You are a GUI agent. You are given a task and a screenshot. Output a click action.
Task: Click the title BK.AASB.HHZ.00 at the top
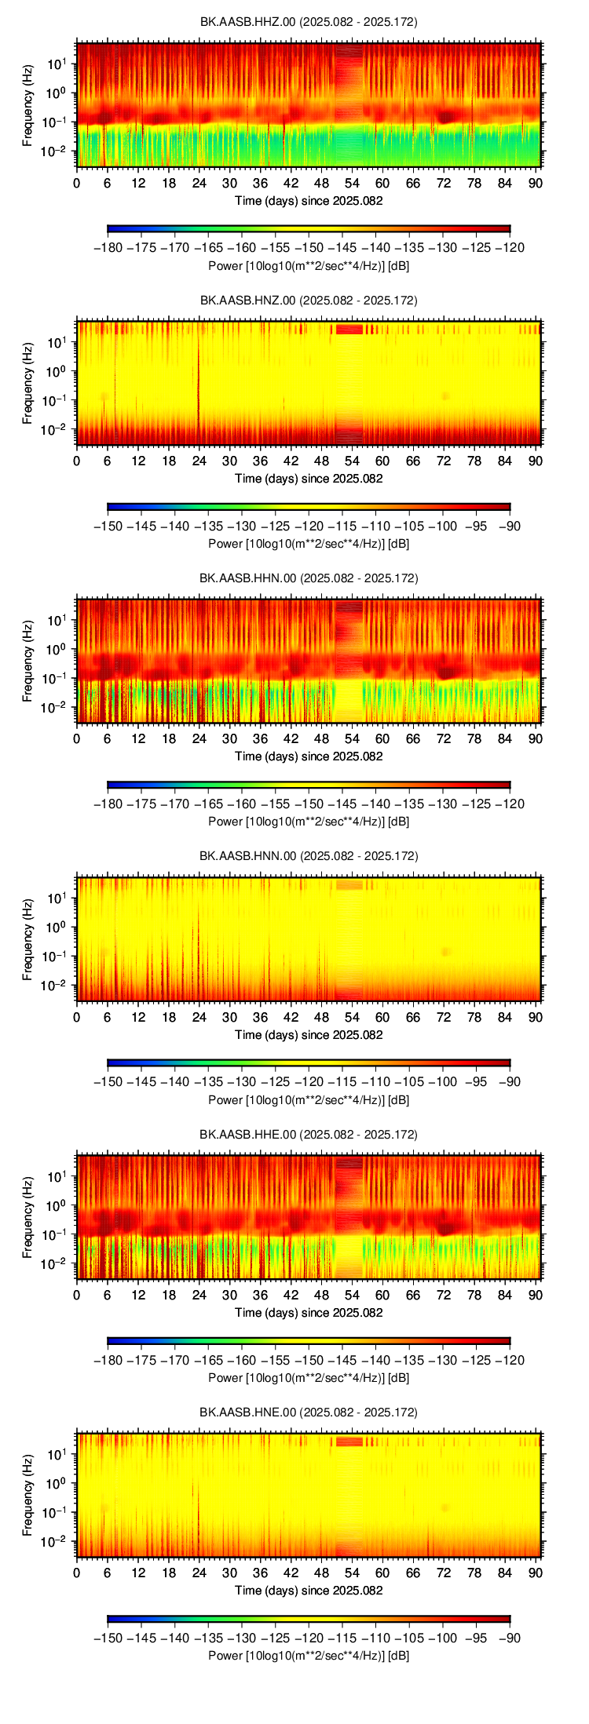[x=308, y=22]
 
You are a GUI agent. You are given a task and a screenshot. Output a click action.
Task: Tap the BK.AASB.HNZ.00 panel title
[x=308, y=300]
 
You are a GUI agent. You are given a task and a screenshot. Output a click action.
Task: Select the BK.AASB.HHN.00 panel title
[x=308, y=578]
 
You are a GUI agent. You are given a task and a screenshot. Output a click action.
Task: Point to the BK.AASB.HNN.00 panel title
[x=308, y=856]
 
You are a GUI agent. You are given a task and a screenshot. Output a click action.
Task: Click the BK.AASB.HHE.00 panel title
[x=308, y=1135]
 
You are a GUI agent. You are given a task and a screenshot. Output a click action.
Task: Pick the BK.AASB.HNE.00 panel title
[x=308, y=1412]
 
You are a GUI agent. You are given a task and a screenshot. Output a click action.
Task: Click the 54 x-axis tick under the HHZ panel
[x=352, y=183]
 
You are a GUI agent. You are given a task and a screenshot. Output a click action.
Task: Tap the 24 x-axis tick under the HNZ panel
[x=199, y=461]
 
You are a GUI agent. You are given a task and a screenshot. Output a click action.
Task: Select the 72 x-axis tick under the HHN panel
[x=444, y=738]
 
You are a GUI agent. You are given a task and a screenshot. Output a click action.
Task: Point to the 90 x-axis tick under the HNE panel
[x=536, y=1573]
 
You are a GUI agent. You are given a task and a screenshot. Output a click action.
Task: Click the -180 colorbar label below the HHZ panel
[x=108, y=248]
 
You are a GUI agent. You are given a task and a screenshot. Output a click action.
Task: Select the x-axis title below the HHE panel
[x=309, y=1313]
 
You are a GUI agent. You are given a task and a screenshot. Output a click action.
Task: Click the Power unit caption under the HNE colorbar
[x=309, y=1656]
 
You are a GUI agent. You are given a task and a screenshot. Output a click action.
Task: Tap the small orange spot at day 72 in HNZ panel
[x=446, y=396]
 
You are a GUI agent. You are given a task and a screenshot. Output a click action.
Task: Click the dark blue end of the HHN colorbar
[x=111, y=785]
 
